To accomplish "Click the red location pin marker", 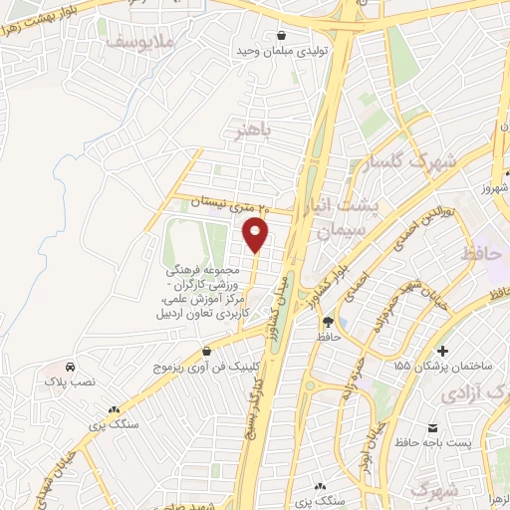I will pyautogui.click(x=257, y=236).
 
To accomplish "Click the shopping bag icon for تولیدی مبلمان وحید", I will pyautogui.click(x=281, y=34).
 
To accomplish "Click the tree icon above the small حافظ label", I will pyautogui.click(x=328, y=321).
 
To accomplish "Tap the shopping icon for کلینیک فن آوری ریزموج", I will pyautogui.click(x=206, y=351).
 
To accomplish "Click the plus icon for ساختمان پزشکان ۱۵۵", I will pyautogui.click(x=442, y=351).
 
